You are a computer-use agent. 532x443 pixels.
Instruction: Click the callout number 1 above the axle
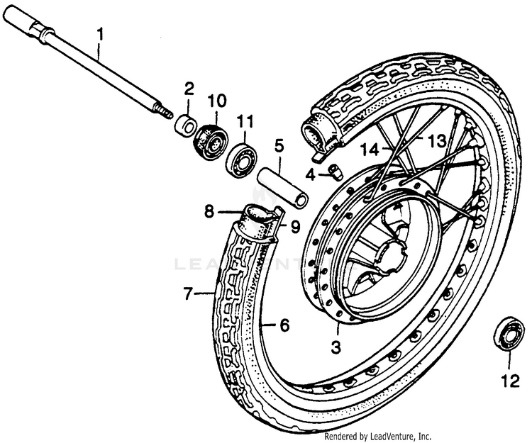click(x=100, y=35)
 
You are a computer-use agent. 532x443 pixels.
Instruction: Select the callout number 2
click(x=189, y=89)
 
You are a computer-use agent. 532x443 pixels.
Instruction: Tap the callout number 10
click(x=217, y=101)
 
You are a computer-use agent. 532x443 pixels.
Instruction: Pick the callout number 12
click(x=510, y=381)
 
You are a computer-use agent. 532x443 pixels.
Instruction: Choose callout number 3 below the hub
click(x=336, y=347)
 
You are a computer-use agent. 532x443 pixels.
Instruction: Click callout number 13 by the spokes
click(x=437, y=140)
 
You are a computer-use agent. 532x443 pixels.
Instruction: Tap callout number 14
click(x=370, y=150)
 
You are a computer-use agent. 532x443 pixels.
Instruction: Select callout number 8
click(x=209, y=212)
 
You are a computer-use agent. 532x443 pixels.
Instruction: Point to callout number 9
click(x=295, y=226)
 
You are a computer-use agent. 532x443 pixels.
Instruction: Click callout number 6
click(x=284, y=325)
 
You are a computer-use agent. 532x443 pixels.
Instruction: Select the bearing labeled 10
click(x=211, y=141)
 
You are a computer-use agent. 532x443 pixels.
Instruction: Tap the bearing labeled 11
click(x=242, y=159)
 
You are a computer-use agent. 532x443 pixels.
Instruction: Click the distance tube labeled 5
click(x=283, y=187)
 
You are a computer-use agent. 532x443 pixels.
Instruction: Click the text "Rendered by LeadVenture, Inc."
click(x=377, y=436)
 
